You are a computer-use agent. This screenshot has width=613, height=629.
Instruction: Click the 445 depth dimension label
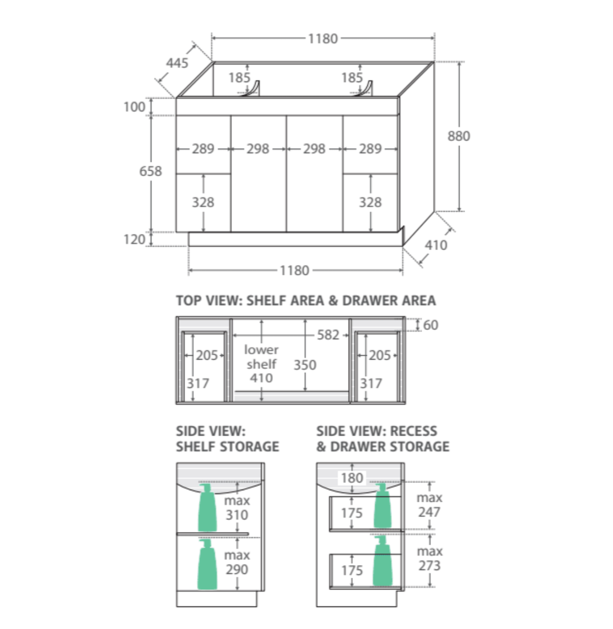pyautogui.click(x=177, y=63)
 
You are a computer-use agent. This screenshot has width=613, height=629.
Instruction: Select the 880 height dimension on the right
pyautogui.click(x=459, y=136)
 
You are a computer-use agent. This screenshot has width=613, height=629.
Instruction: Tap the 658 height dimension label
pyautogui.click(x=150, y=171)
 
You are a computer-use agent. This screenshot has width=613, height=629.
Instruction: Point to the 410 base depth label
pyautogui.click(x=436, y=245)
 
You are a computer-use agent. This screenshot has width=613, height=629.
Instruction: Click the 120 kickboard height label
pyautogui.click(x=135, y=239)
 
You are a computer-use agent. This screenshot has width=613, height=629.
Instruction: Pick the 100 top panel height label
pyautogui.click(x=135, y=107)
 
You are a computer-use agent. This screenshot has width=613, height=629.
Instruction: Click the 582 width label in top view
pyautogui.click(x=328, y=334)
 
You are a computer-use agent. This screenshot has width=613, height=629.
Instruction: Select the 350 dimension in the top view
pyautogui.click(x=305, y=365)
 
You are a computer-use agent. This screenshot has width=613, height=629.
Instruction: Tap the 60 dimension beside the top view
pyautogui.click(x=431, y=324)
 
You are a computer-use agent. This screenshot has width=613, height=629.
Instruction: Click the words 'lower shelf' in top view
pyautogui.click(x=261, y=356)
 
